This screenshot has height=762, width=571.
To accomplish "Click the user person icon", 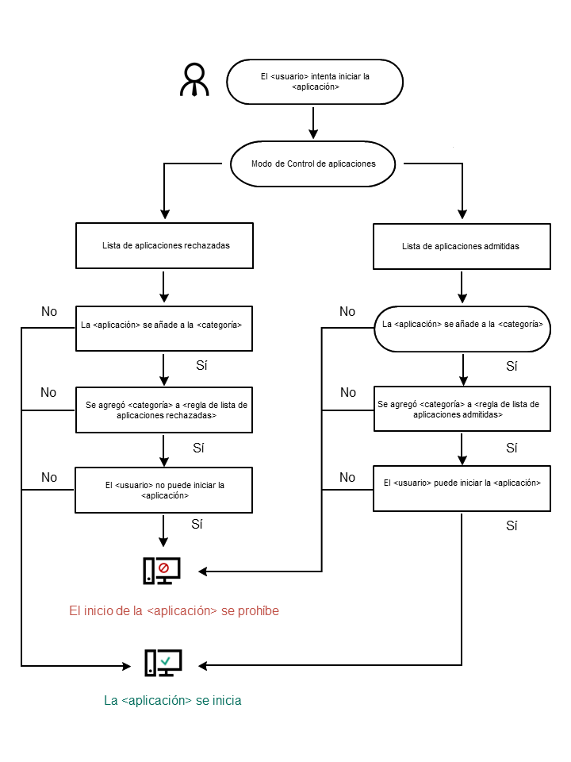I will pyautogui.click(x=194, y=80).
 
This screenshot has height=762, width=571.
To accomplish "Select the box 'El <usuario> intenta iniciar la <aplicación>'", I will pyautogui.click(x=315, y=81).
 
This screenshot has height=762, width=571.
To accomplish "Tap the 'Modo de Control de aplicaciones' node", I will pyautogui.click(x=312, y=164).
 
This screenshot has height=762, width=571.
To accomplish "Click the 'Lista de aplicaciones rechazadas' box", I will pyautogui.click(x=163, y=246).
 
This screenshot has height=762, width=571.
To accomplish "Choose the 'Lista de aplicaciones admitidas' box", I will pyautogui.click(x=461, y=247).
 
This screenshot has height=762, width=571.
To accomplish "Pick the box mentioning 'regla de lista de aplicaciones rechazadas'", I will pyautogui.click(x=163, y=410).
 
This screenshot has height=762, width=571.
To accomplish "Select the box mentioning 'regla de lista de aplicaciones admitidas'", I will pyautogui.click(x=461, y=410).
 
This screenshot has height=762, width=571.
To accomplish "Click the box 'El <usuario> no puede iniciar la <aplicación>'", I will pyautogui.click(x=163, y=489).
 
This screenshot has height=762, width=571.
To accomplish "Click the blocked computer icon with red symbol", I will pyautogui.click(x=162, y=571).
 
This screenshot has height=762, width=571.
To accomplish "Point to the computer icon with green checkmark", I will pyautogui.click(x=163, y=662).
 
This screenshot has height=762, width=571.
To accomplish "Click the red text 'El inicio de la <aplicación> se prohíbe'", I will pyautogui.click(x=174, y=611).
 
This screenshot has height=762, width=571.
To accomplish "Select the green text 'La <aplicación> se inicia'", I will pyautogui.click(x=173, y=701).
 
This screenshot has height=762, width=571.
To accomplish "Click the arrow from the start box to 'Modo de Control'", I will pyautogui.click(x=314, y=123).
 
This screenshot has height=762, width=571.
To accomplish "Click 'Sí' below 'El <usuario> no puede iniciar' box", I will pyautogui.click(x=197, y=525).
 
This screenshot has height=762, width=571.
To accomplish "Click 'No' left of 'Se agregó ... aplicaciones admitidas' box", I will pyautogui.click(x=347, y=392).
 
